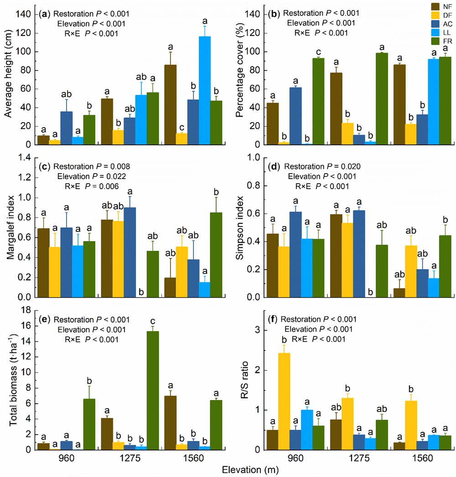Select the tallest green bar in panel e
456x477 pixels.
pos(153,390)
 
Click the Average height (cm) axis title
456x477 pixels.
pos(8,77)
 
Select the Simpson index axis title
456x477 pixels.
pos(239,228)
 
